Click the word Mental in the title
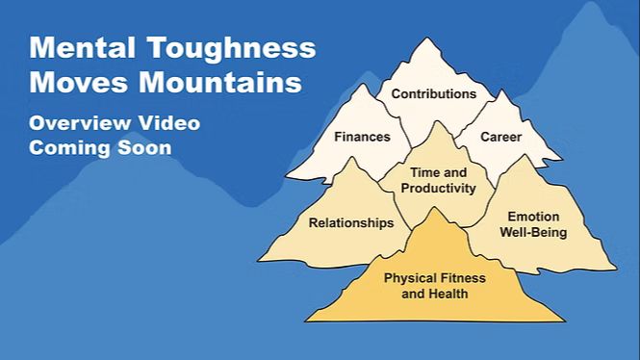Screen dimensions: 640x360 pos(82,47)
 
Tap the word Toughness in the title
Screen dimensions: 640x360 pos(231,49)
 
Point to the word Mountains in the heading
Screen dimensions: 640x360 pos(220,83)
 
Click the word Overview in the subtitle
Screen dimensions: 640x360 pos(80,123)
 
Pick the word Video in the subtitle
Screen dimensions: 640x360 pos(169,123)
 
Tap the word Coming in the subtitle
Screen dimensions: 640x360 pos(69,148)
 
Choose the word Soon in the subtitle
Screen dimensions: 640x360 pos(144,148)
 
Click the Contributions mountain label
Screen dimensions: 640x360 pos(434,94)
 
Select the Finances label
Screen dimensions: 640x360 pos(362,137)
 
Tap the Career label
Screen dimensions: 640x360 pos(500,137)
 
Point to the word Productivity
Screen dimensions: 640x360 pos(438,189)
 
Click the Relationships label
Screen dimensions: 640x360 pos(351,223)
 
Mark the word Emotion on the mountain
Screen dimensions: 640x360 pos(533,217)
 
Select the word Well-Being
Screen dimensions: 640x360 pos(533,232)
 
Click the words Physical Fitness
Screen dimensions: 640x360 pos(435,278)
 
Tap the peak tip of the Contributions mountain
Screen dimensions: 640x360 pos(427,39)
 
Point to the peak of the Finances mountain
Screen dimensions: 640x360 pos(362,85)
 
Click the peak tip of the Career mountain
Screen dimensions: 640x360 pos(502,90)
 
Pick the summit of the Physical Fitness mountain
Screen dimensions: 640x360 pos(434,208)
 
